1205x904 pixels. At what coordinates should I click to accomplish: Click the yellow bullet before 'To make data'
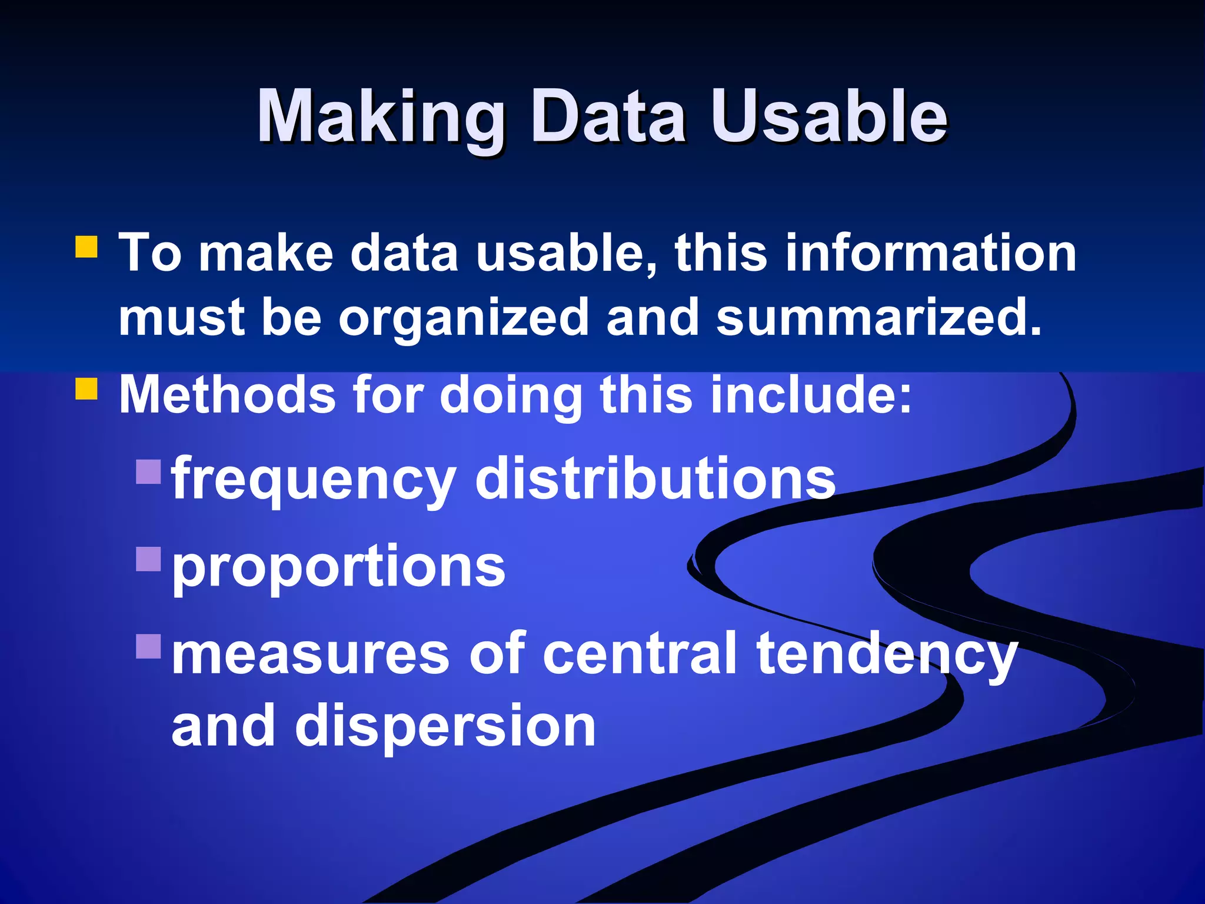tap(86, 247)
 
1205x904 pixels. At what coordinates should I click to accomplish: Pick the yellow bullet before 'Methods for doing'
tap(86, 388)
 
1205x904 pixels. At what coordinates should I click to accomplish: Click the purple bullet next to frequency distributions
tap(148, 471)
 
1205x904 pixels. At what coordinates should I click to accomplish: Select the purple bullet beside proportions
tap(148, 559)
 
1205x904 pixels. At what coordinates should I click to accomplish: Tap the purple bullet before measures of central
tap(148, 646)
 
